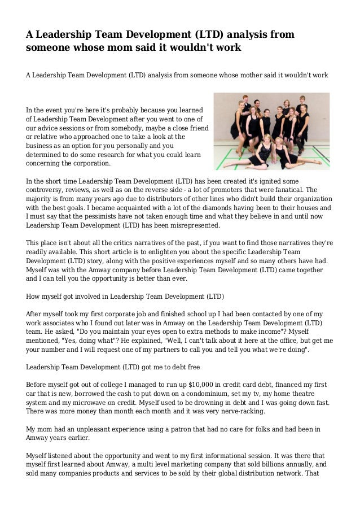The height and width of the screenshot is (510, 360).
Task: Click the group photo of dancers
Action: pyautogui.click(x=272, y=130)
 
